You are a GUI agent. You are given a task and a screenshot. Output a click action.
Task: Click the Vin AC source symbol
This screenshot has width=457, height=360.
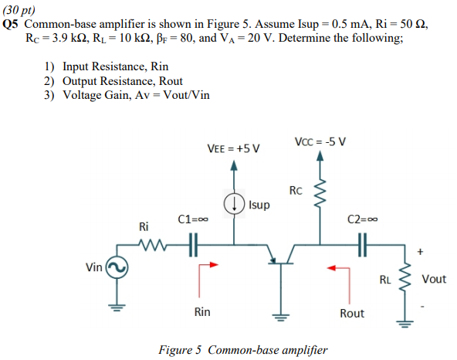pos(118,267)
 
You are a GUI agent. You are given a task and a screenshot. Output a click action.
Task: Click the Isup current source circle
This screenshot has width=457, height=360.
pos(235,205)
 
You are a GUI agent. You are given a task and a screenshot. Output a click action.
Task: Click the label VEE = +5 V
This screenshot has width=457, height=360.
pos(234,148)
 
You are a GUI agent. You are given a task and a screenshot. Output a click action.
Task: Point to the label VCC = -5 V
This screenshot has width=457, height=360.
pos(320,141)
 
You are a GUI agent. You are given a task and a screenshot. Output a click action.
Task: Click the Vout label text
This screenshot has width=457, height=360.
pos(435,279)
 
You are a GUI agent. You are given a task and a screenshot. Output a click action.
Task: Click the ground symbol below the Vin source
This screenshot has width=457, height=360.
pos(118,307)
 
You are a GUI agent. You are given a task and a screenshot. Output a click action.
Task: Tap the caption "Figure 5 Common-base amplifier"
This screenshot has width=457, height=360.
pos(242,350)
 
